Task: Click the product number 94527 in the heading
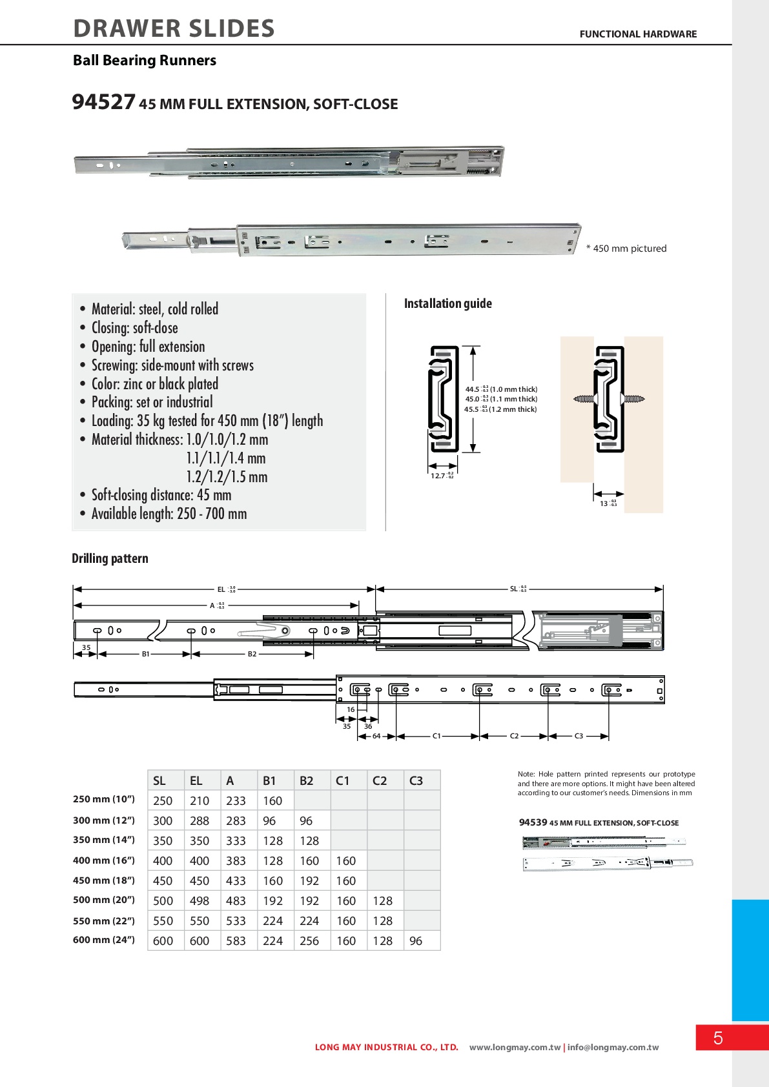(x=103, y=102)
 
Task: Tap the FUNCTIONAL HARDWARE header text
(x=638, y=34)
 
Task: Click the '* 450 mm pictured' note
(x=626, y=249)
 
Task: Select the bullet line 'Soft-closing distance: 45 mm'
(x=161, y=495)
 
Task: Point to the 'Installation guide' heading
(x=447, y=303)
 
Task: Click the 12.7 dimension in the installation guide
(x=439, y=476)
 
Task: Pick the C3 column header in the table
(x=416, y=780)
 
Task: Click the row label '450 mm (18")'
(x=104, y=880)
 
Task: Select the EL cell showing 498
(x=200, y=900)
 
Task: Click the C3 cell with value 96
(x=416, y=941)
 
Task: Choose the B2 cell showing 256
(x=309, y=941)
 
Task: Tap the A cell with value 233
(x=236, y=800)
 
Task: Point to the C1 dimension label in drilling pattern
(x=436, y=736)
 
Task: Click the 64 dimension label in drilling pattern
(x=376, y=736)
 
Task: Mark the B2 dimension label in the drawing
(x=252, y=654)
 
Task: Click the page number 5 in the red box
(x=718, y=1038)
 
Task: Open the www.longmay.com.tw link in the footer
(x=515, y=1048)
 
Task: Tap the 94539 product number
(x=533, y=822)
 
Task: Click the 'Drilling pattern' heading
(x=110, y=558)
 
